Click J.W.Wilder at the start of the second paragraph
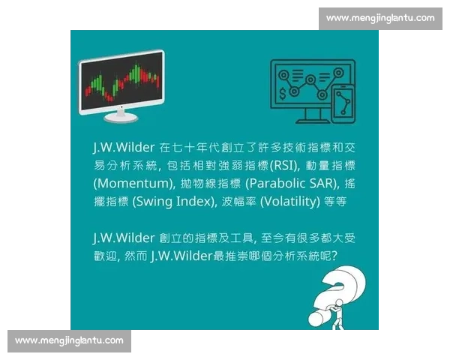pos(124,238)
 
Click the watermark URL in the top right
pos(380,17)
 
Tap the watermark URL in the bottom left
pos(69,340)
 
